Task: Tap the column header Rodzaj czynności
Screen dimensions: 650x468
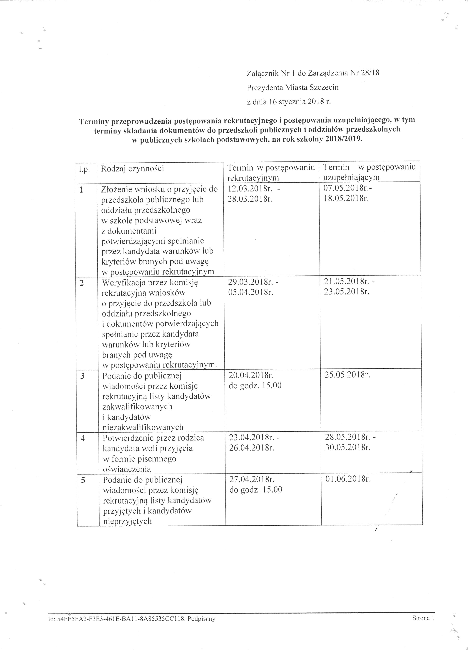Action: (132, 168)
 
